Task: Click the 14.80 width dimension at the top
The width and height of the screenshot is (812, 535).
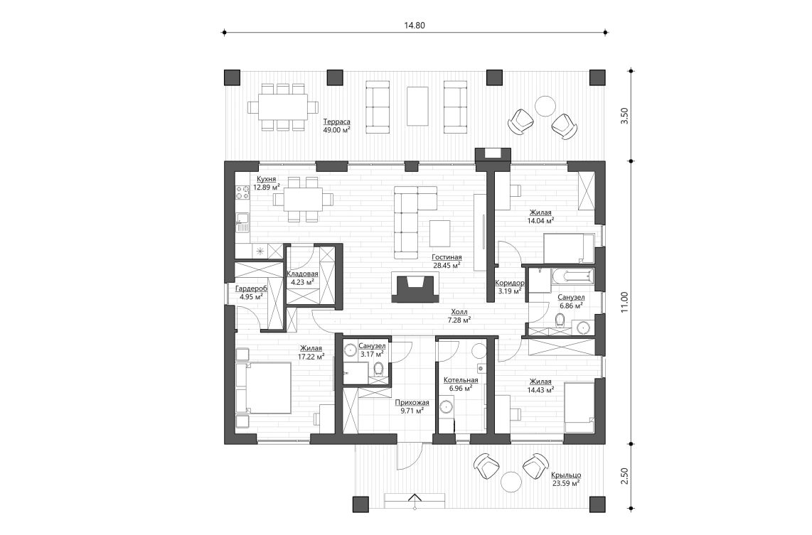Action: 415,25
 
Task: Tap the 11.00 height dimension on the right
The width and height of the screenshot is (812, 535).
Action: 624,302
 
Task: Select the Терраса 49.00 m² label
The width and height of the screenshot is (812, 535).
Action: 336,125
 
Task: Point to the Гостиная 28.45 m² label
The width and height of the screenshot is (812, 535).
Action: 447,261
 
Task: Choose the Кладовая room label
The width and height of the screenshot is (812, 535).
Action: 301,277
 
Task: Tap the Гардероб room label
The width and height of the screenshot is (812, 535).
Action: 250,292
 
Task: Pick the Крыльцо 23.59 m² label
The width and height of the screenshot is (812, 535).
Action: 565,478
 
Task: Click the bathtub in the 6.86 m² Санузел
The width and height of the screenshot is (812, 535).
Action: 573,276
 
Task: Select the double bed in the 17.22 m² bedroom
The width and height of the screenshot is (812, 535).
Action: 265,388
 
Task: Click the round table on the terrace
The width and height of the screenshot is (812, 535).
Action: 545,106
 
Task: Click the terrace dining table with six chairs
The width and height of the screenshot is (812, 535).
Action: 282,107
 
